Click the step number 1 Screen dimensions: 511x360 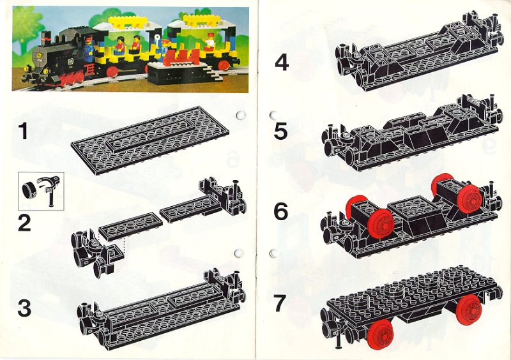click(23, 131)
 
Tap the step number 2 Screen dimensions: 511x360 click(24, 223)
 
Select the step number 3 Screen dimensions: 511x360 click(24, 308)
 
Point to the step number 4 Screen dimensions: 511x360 click(282, 63)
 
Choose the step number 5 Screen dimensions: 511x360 click(280, 131)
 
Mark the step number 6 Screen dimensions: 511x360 click(281, 211)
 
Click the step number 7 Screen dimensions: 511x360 click(280, 303)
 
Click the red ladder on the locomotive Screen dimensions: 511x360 click(89, 70)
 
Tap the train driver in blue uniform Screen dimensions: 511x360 click(88, 50)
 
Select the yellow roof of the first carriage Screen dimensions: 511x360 click(126, 22)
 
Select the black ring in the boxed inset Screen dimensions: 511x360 click(29, 191)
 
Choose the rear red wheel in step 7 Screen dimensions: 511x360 click(469, 309)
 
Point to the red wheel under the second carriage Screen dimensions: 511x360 click(224, 65)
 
